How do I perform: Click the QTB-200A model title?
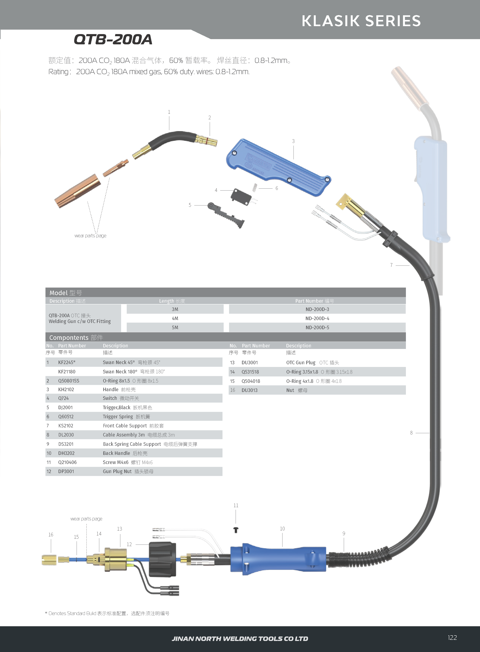pos(113,39)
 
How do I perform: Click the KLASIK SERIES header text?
pos(361,21)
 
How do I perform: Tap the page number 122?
pos(452,637)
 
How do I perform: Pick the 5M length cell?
pos(175,327)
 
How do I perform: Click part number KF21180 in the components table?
pos(67,372)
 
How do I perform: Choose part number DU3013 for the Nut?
pos(249,390)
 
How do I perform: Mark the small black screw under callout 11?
pos(236,530)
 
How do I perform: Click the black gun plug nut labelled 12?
pos(163,559)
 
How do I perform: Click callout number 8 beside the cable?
pos(411,433)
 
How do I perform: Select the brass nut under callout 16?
pos(49,560)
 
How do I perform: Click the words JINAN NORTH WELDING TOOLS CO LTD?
pos(240,639)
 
